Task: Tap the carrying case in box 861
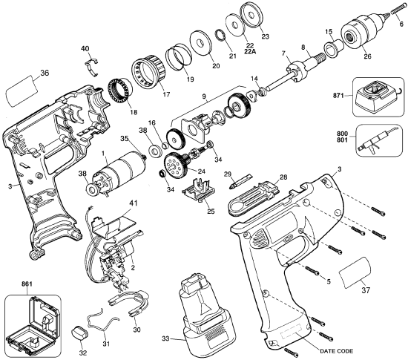point(32,320)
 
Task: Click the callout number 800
point(343,132)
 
